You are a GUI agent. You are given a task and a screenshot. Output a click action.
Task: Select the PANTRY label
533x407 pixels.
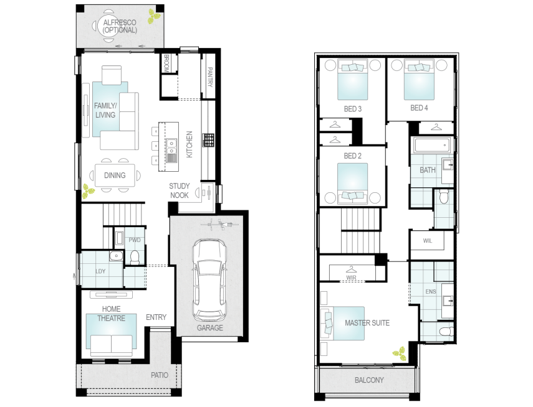tap(210, 77)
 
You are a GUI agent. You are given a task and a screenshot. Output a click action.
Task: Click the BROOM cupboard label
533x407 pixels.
tap(166, 63)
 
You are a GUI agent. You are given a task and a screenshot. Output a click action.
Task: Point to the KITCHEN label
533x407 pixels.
tap(190, 144)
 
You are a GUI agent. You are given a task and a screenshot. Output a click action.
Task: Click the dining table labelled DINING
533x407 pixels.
tap(114, 175)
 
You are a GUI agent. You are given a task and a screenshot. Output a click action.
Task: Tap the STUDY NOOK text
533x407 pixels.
tap(179, 191)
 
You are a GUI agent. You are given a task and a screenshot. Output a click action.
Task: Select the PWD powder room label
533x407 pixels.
tap(134, 240)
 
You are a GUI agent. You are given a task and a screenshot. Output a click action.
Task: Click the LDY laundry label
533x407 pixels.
tap(100, 271)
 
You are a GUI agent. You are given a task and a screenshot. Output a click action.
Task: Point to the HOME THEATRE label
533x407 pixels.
tap(111, 314)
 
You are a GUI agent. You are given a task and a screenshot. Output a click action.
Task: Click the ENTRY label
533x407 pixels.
tap(156, 317)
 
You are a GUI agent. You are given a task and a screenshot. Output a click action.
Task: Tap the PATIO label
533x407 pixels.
tap(160, 375)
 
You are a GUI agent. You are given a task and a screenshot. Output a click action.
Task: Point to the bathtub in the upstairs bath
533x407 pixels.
tap(430, 146)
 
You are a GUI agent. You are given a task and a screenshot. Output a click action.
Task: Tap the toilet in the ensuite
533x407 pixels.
tap(443, 330)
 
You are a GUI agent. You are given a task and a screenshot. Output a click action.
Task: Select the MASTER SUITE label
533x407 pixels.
tap(367, 323)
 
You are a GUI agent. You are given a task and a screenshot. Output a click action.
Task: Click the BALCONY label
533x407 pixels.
tap(369, 380)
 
